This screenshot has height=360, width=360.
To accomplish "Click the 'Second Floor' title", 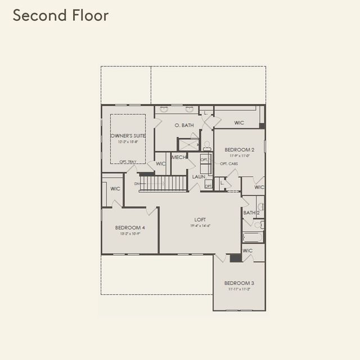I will point(61,16).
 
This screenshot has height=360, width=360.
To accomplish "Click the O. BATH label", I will point(184,125).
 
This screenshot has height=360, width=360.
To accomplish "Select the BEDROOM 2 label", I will point(240,150).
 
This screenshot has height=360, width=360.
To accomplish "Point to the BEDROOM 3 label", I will point(239,283).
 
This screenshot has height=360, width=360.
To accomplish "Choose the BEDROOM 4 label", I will point(130,227).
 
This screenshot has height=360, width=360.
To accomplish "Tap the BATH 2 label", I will point(251,213).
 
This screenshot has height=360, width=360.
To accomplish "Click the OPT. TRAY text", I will point(128,162).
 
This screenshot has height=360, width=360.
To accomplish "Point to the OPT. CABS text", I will point(228,164).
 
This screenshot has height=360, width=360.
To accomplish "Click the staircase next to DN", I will point(163,183).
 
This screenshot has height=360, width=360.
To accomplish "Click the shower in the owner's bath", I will point(188,144).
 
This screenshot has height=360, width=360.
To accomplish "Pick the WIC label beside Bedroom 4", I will point(115,189).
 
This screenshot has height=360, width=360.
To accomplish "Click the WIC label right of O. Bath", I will point(239,122).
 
